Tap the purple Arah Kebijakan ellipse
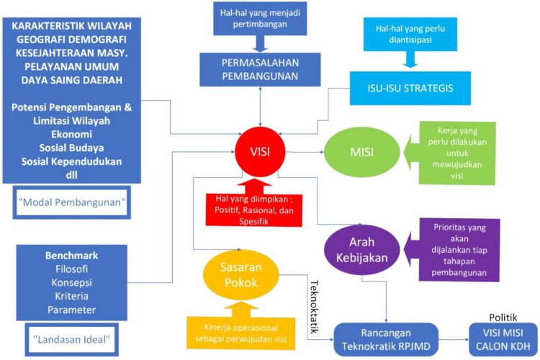pos(362,249)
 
